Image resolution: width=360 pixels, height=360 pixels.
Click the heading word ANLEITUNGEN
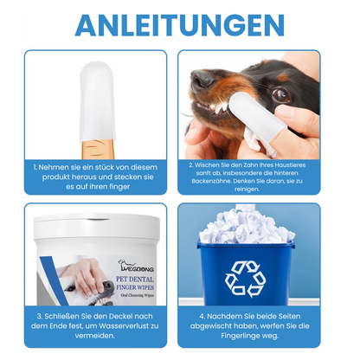click(x=180, y=25)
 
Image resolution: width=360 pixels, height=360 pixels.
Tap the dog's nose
click(x=201, y=78)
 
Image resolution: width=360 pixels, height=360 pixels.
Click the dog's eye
click(x=280, y=94)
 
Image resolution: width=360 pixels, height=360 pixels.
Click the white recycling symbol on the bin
click(x=246, y=279)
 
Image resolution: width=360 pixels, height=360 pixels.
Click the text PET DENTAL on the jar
click(x=135, y=280)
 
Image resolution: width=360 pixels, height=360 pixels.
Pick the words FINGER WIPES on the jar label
click(x=135, y=287)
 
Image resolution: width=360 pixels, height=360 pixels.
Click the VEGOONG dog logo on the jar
click(x=136, y=266)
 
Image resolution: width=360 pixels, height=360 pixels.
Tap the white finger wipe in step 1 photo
click(x=98, y=102)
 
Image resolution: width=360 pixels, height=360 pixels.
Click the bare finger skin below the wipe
click(x=98, y=149)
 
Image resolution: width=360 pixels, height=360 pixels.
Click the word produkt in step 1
click(x=56, y=177)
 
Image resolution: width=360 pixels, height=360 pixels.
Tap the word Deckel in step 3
click(x=120, y=316)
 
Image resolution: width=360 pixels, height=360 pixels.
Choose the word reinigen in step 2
click(x=247, y=190)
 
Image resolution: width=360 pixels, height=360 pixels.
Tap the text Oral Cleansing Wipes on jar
click(x=137, y=295)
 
